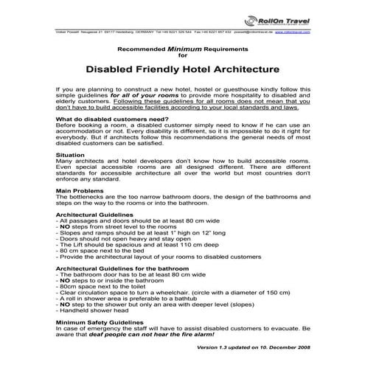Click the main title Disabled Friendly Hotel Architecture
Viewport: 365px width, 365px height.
[x=183, y=71]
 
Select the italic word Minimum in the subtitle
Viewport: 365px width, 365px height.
[x=187, y=46]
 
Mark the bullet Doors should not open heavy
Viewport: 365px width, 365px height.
[x=111, y=239]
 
